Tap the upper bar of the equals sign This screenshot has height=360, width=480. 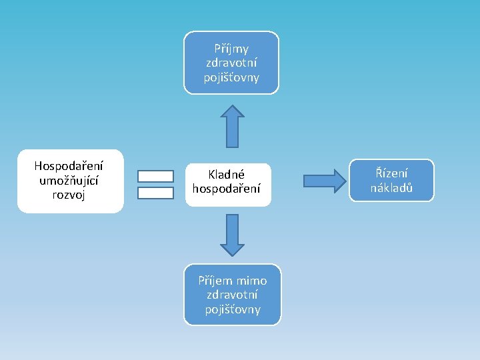155,177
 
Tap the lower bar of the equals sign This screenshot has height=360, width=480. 155,193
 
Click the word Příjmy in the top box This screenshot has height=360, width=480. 231,49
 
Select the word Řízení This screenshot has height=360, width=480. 392,173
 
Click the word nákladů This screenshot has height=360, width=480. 392,187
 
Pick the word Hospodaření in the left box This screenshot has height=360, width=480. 69,165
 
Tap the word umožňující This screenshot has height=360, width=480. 69,180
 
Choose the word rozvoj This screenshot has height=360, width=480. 69,195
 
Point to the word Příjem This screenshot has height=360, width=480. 215,281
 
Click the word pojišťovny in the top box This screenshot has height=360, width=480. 231,77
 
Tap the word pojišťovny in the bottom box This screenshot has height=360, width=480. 233,309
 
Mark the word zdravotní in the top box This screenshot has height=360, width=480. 231,63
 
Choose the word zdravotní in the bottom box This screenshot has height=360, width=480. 233,295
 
